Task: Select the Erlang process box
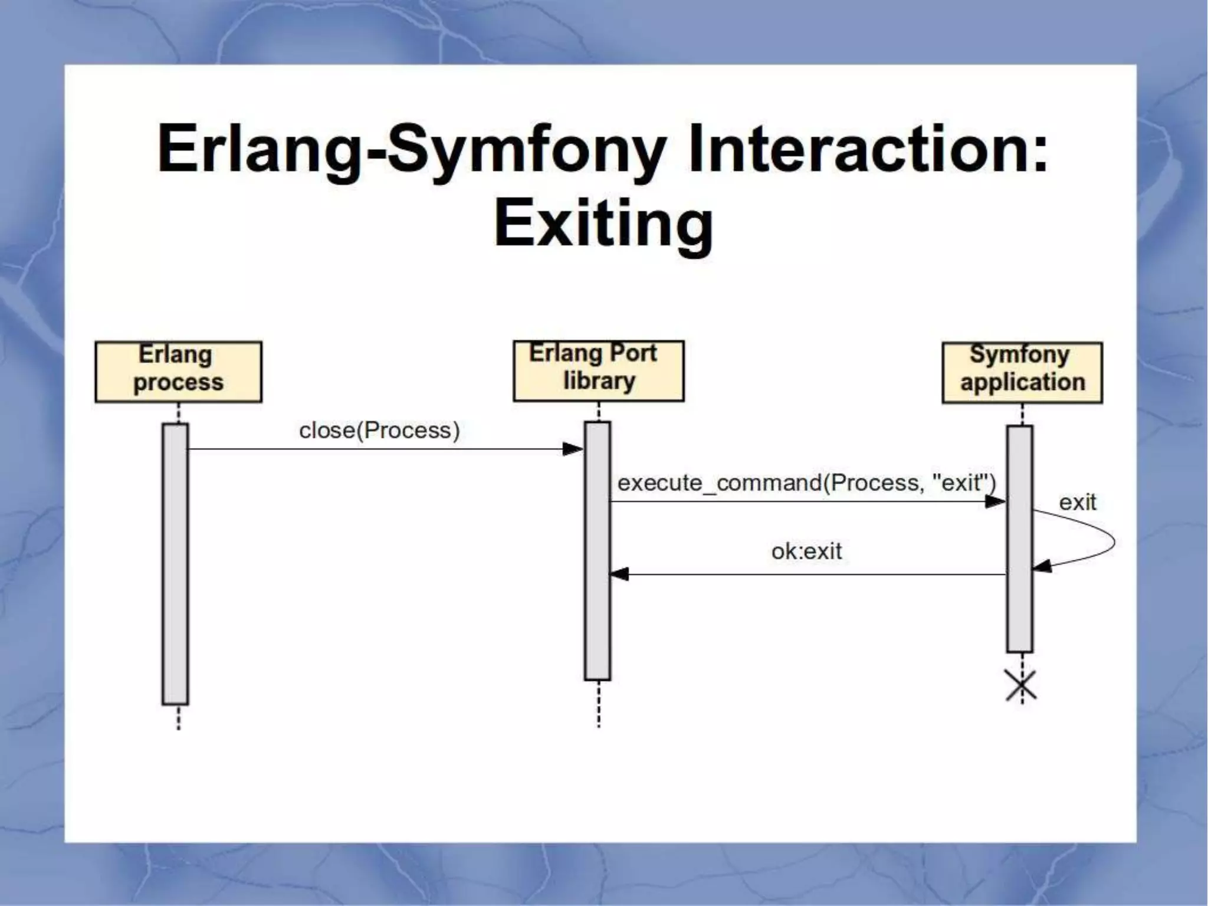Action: pos(178,372)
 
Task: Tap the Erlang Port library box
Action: pos(598,370)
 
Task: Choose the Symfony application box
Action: pos(1022,372)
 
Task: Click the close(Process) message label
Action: pos(379,431)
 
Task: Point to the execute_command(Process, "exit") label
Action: pos(806,483)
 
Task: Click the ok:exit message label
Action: pos(806,552)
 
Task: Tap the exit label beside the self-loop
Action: pos(1077,503)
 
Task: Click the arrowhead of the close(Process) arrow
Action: pos(573,449)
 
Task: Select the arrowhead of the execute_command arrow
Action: pos(996,502)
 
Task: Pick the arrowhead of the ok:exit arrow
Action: pos(619,575)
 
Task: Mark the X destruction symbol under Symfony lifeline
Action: pos(1021,686)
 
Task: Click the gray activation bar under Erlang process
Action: pos(175,563)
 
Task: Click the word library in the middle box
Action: pos(599,382)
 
